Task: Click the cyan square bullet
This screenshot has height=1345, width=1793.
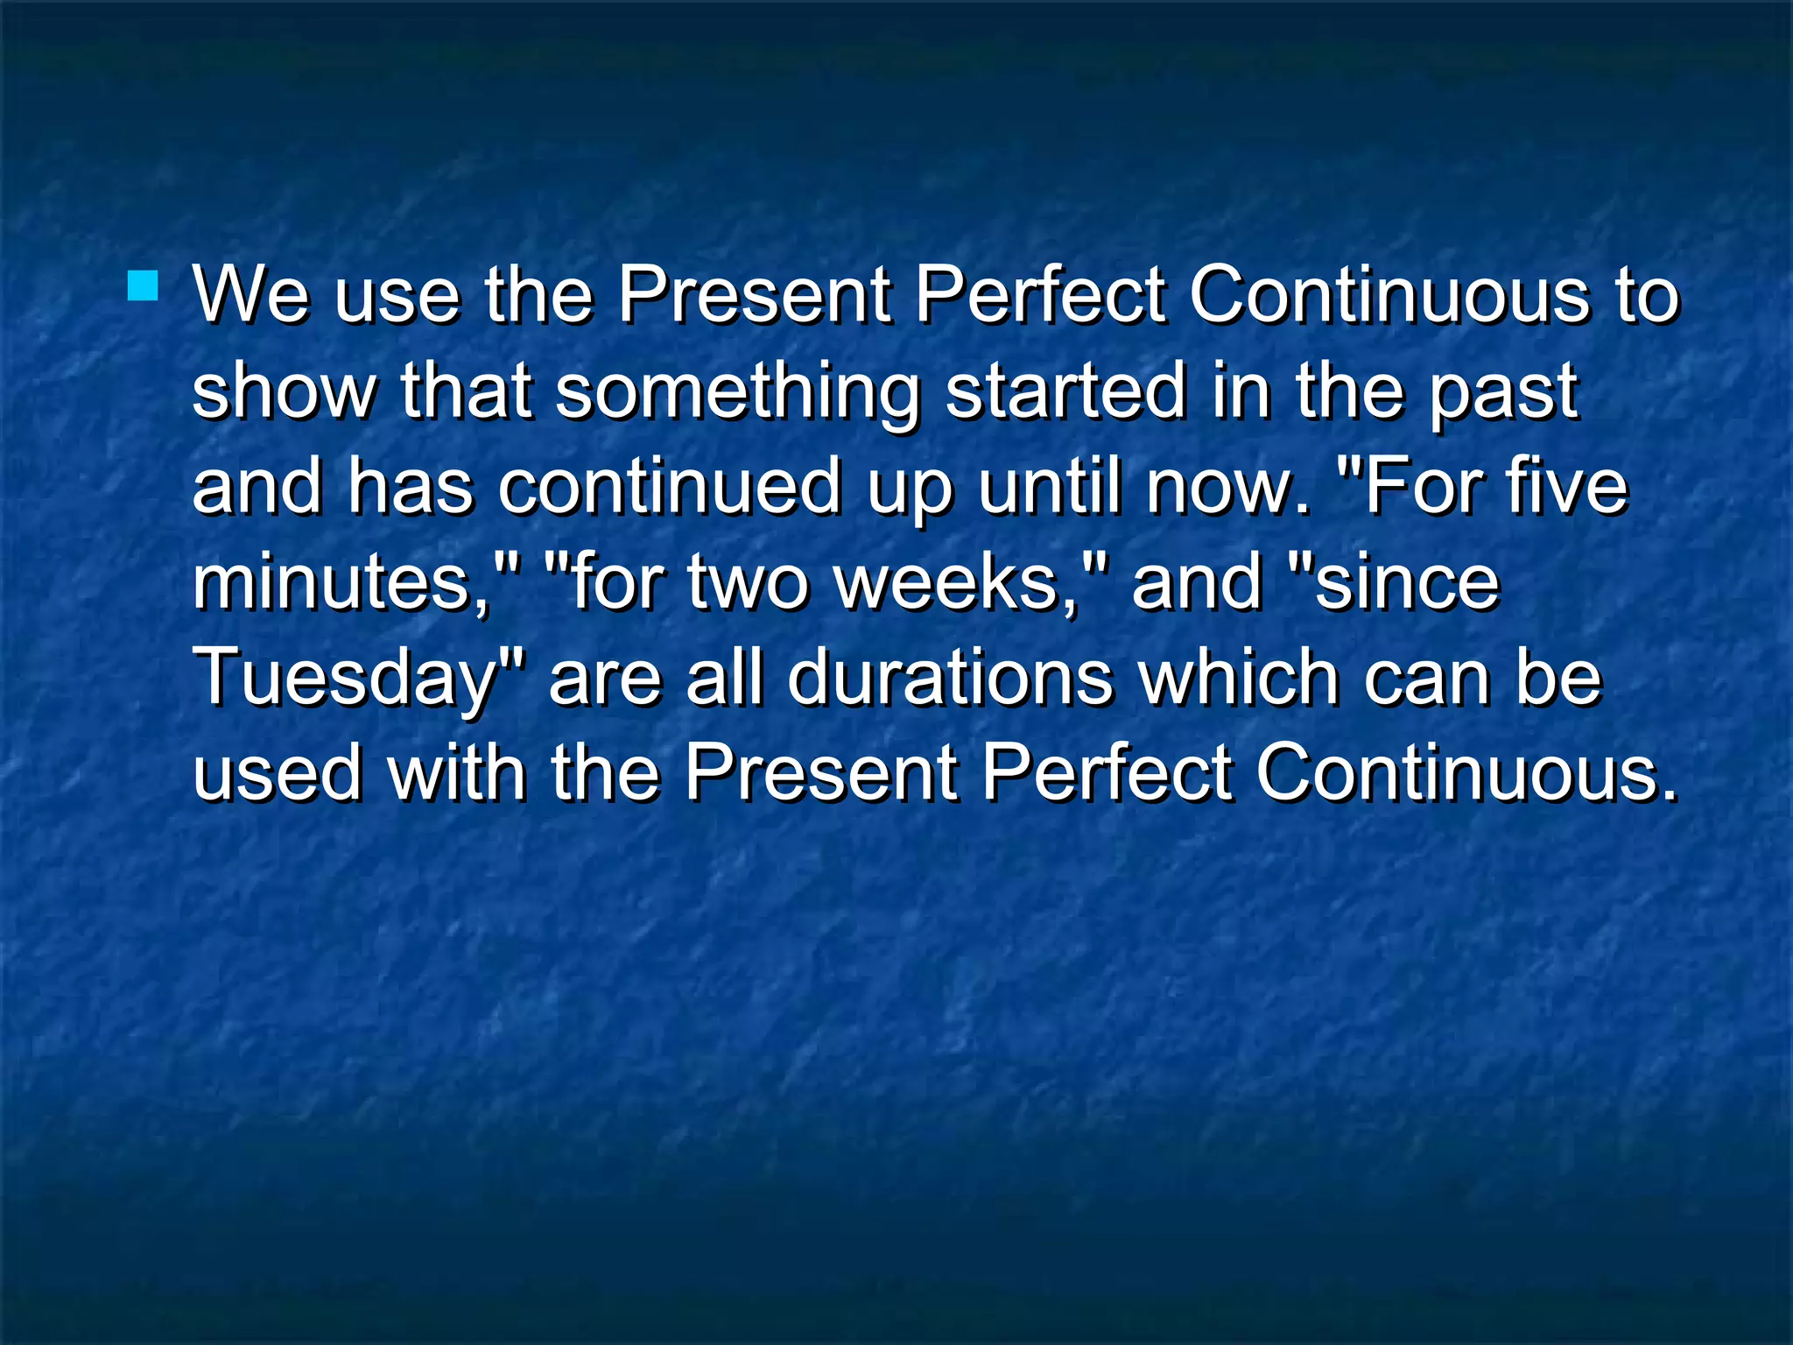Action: pyautogui.click(x=143, y=286)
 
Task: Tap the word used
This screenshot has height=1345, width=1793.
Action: pyautogui.click(x=277, y=774)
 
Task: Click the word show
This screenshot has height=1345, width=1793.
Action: pyautogui.click(x=284, y=392)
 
